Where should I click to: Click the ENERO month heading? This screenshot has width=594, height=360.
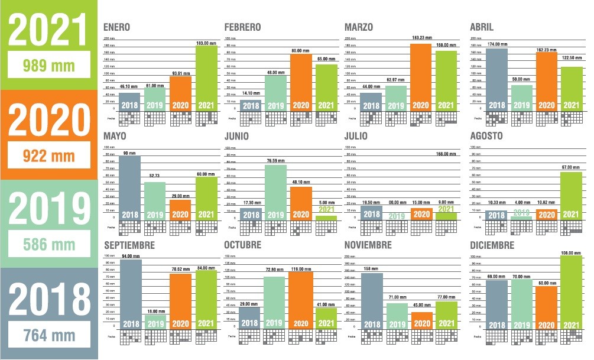[116, 27]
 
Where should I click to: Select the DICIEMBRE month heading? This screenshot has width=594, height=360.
[492, 245]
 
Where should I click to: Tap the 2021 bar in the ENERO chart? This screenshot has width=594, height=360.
[206, 77]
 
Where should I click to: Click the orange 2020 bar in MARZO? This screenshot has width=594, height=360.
[421, 77]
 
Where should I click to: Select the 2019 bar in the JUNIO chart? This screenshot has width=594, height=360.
[275, 192]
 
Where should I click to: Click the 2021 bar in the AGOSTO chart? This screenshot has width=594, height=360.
[572, 195]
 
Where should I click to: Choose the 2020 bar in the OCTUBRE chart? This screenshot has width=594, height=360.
[301, 299]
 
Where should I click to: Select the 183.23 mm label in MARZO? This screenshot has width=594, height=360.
[421, 38]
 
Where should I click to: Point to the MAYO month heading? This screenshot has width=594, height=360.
[115, 137]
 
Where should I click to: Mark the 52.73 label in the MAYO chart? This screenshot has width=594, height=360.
[155, 176]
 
